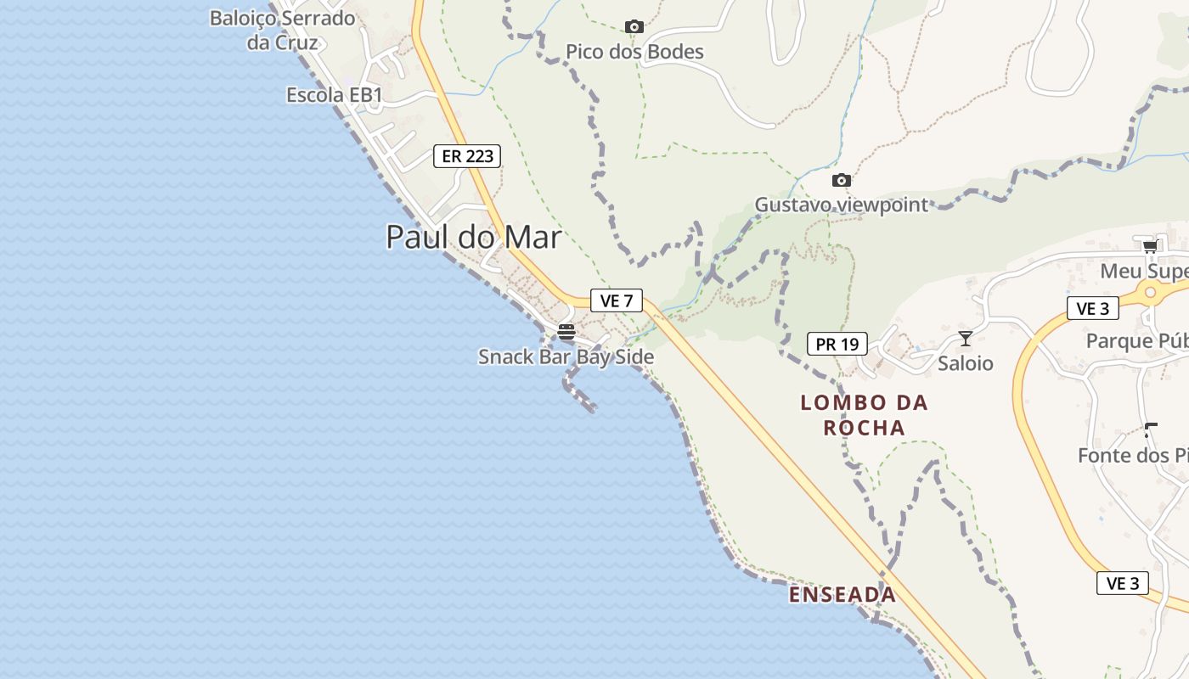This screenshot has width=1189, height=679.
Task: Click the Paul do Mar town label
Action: click(x=474, y=237)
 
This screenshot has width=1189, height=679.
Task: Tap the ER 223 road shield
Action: click(x=467, y=156)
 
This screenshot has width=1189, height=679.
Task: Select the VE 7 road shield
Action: click(x=617, y=300)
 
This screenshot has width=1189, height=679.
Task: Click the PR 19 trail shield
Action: click(x=837, y=344)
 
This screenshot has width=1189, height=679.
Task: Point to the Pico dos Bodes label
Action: click(x=634, y=52)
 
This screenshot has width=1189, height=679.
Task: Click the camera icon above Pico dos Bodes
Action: click(x=634, y=27)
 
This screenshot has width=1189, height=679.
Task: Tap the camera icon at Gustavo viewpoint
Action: click(x=841, y=180)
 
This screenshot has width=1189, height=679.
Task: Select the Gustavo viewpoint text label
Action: click(x=842, y=205)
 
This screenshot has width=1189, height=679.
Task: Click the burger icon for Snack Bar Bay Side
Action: click(x=566, y=332)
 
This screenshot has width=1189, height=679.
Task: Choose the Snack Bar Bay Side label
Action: click(x=566, y=356)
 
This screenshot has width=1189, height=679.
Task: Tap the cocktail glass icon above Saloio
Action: click(x=965, y=339)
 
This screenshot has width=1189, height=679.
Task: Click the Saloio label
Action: click(x=965, y=363)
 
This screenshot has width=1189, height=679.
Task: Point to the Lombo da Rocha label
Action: click(x=864, y=415)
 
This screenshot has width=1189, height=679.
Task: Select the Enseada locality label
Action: click(x=842, y=595)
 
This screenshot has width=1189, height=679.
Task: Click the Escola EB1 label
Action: click(x=335, y=95)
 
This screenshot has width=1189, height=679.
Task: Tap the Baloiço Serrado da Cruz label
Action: click(x=282, y=30)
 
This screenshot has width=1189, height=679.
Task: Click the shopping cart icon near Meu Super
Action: click(x=1150, y=246)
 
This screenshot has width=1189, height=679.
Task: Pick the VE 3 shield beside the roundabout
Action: click(x=1092, y=309)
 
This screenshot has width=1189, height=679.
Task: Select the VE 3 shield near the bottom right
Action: click(x=1122, y=583)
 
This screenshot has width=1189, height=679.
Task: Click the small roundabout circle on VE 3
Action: click(x=1151, y=292)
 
